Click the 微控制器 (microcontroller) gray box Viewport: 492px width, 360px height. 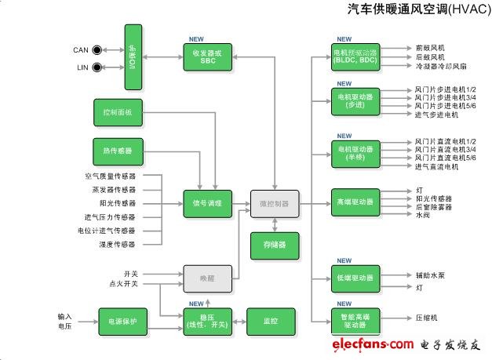(274, 203)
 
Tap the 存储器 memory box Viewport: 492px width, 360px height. (274, 245)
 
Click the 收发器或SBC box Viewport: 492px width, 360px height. (208, 56)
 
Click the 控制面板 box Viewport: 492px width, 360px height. (118, 113)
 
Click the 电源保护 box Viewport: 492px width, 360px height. (122, 320)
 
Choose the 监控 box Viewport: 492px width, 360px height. (271, 320)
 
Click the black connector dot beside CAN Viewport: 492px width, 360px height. (97, 49)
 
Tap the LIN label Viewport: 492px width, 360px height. (81, 67)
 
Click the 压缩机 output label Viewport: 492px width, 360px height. (427, 318)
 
